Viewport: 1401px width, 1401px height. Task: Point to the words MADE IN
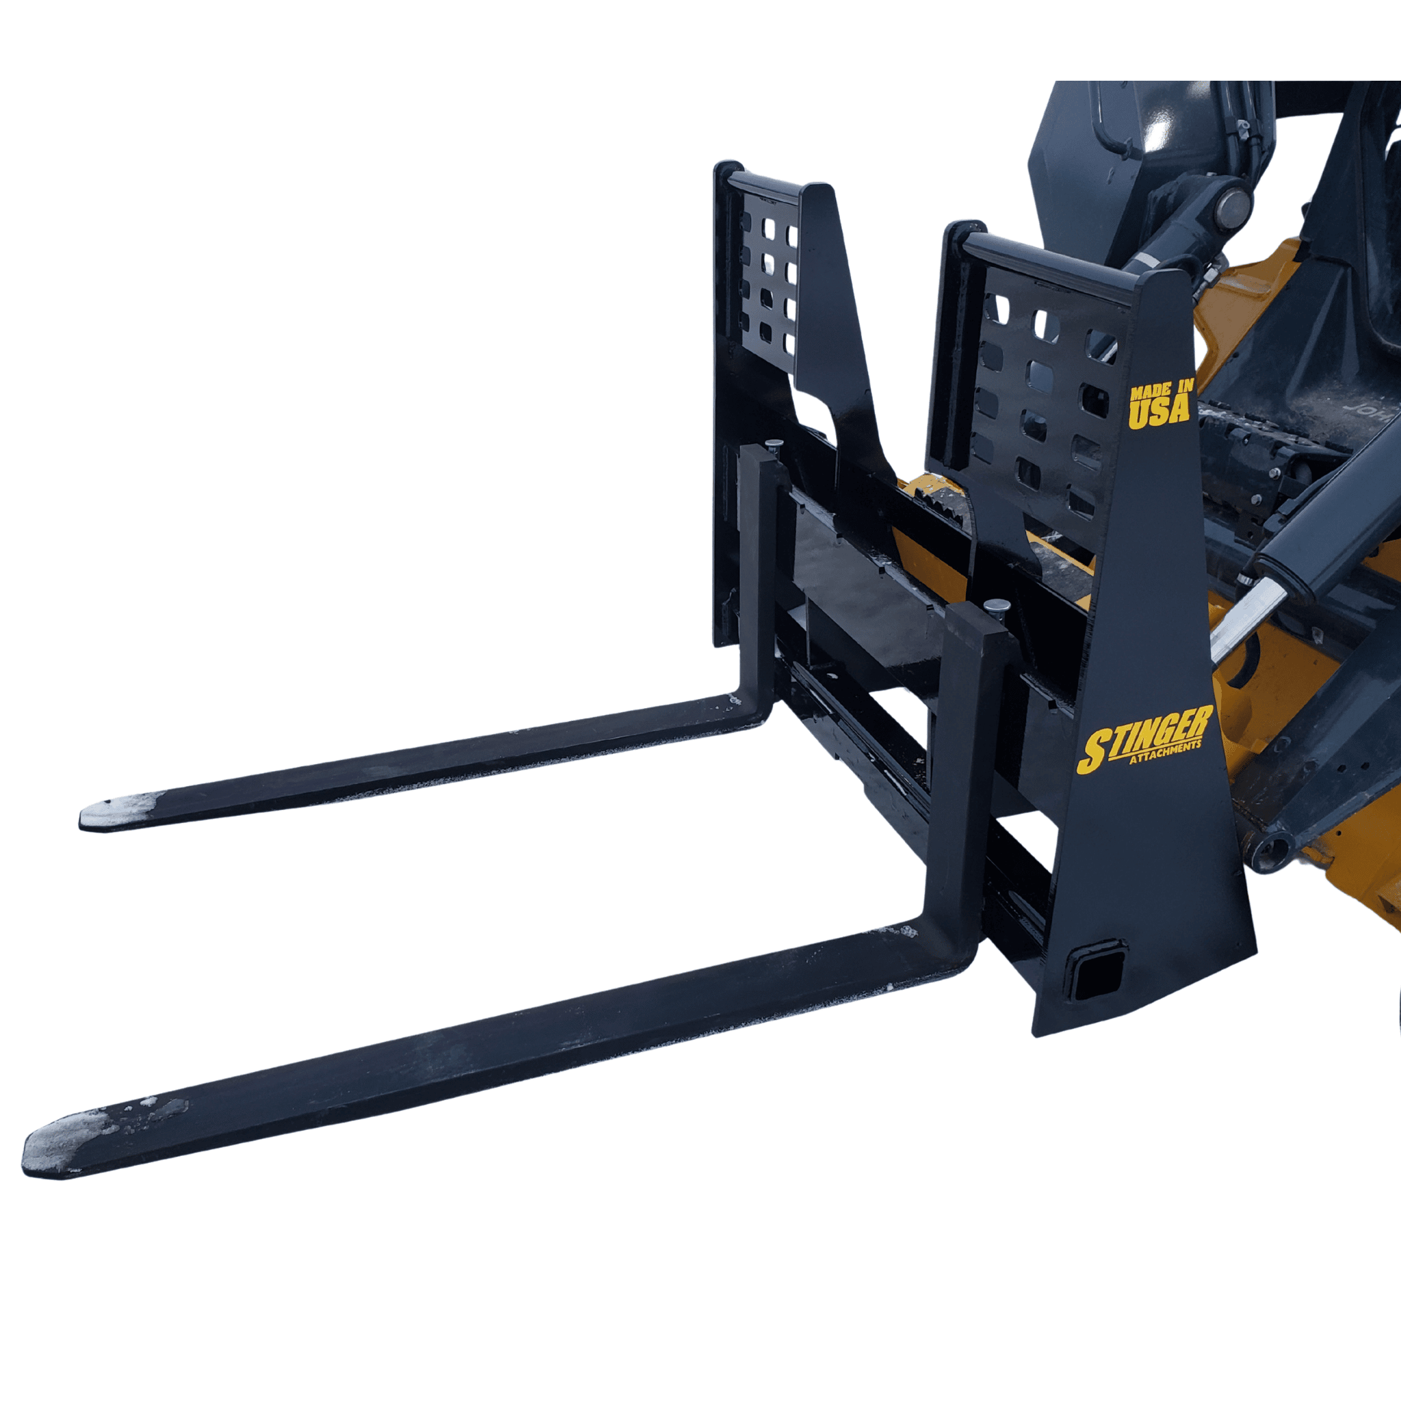[1160, 391]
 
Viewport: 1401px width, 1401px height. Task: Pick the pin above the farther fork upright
[773, 443]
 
